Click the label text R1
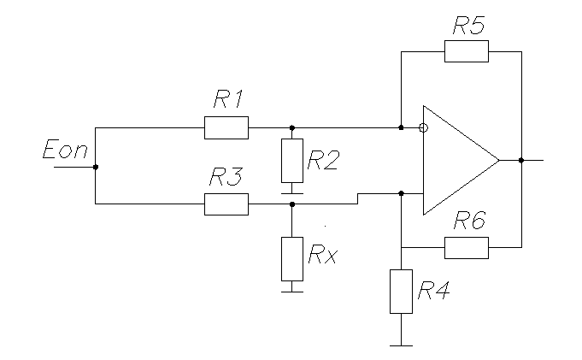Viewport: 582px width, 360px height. tap(229, 99)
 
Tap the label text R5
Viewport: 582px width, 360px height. tap(469, 26)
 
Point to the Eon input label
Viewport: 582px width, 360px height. tap(65, 149)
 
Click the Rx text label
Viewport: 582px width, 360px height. tap(322, 254)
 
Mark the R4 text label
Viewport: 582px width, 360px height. tap(433, 290)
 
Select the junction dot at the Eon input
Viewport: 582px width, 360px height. tap(96, 167)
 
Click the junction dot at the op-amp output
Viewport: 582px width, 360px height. tap(521, 160)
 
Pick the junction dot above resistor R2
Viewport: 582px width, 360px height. tap(292, 127)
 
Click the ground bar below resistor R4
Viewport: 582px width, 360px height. tap(401, 345)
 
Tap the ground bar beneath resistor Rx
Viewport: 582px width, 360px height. tap(292, 292)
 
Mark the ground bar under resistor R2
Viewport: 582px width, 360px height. tap(292, 193)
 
